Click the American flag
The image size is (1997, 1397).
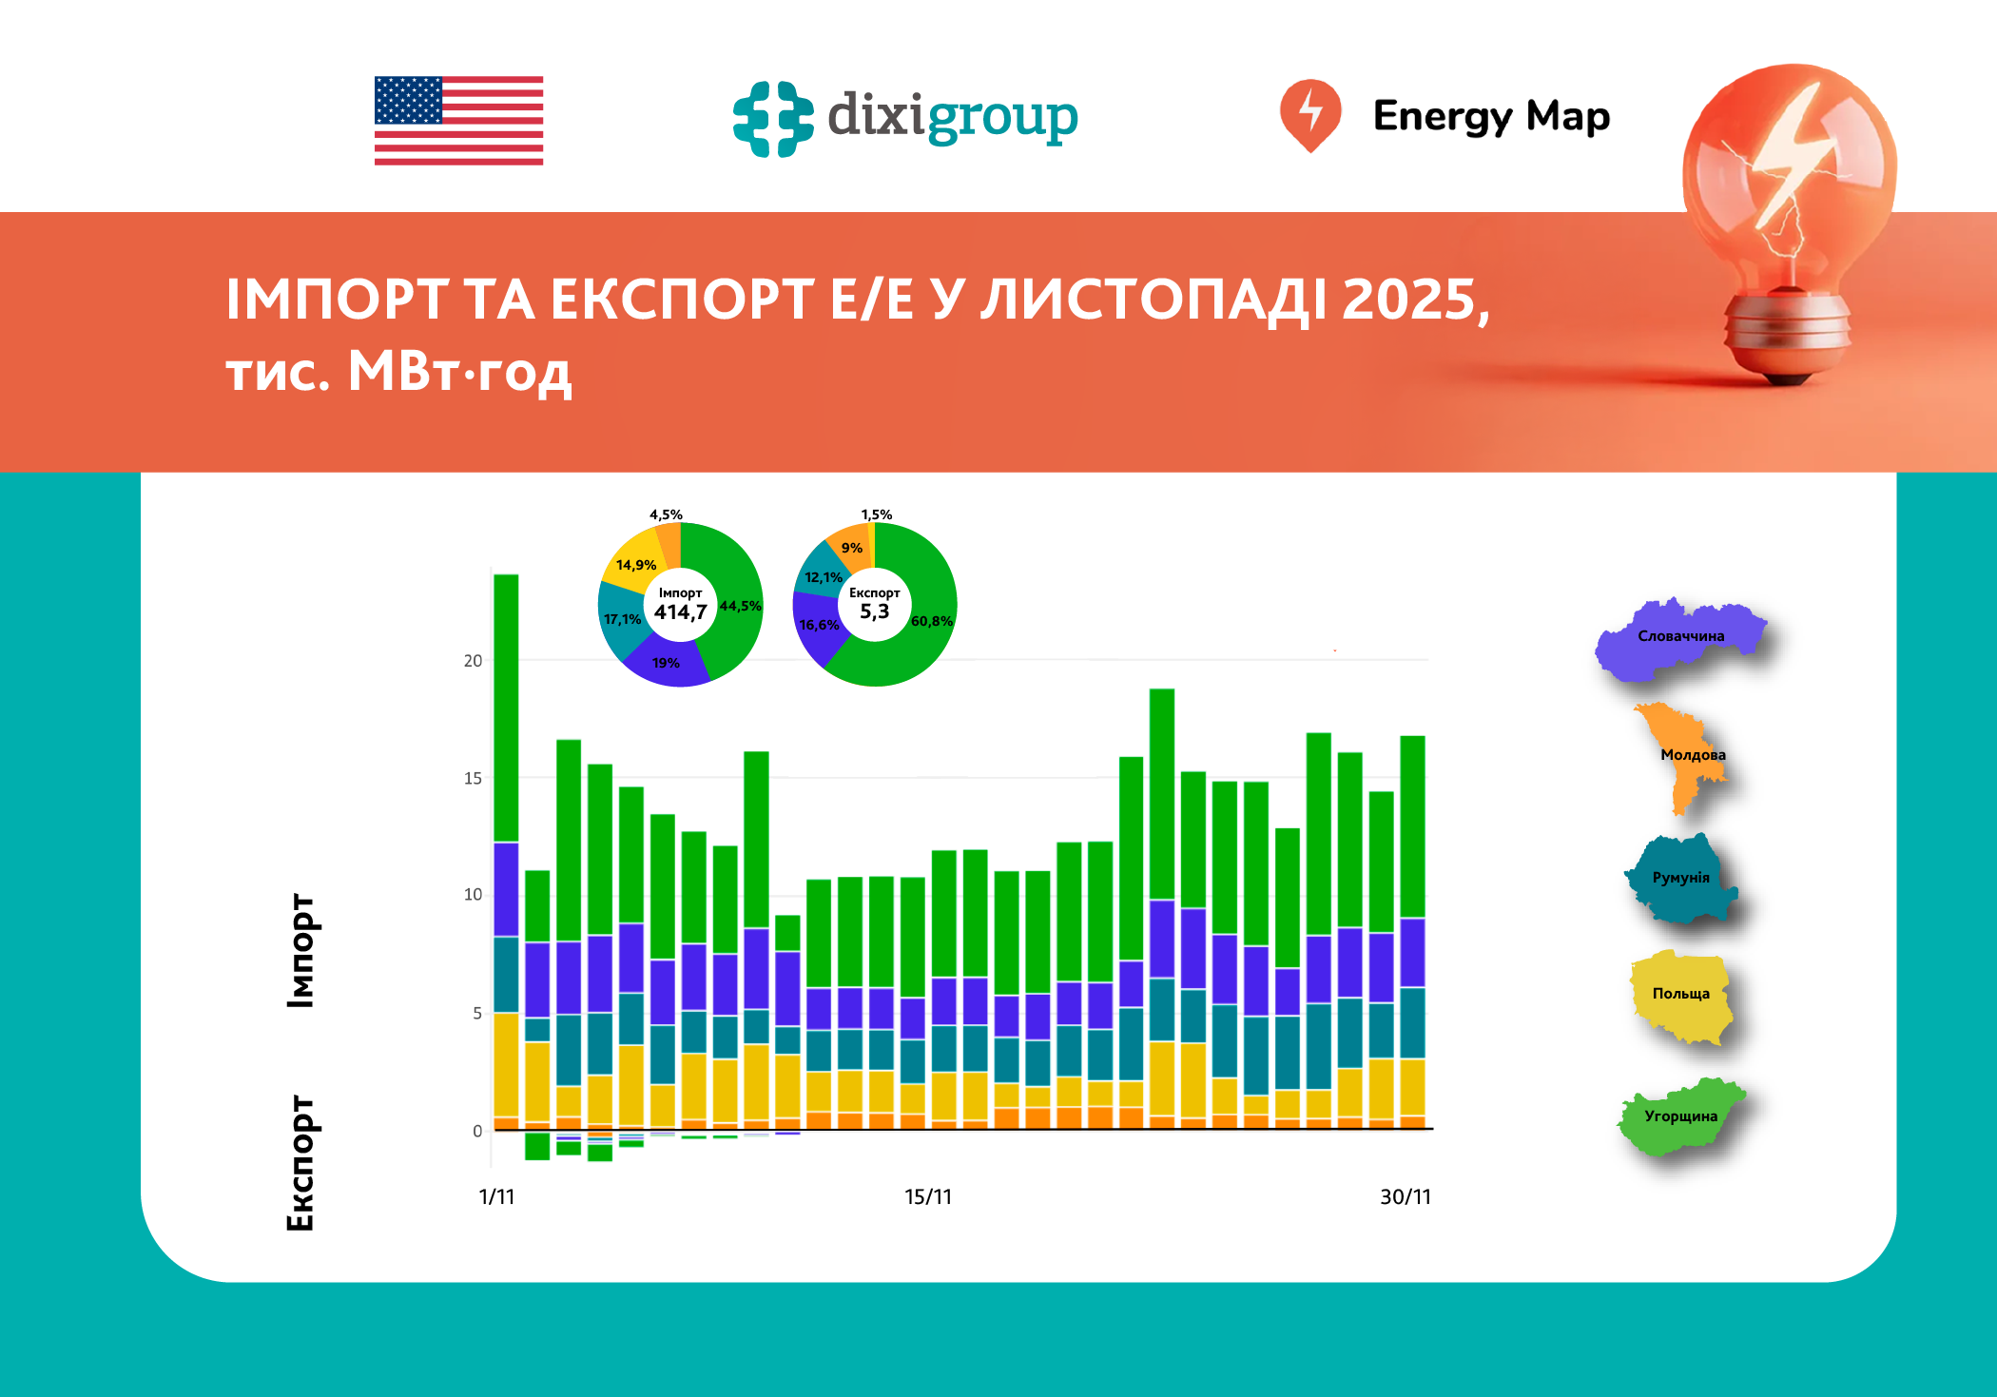click(x=458, y=121)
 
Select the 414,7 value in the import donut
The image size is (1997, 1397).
click(x=680, y=612)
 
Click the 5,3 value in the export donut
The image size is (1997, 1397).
click(x=874, y=611)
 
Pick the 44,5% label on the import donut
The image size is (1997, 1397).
click(x=740, y=606)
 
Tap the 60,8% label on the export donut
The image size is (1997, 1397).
click(x=931, y=621)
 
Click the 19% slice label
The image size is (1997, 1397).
click(x=666, y=663)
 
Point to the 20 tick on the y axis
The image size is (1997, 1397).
click(x=473, y=661)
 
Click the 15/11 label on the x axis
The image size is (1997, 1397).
click(x=927, y=1196)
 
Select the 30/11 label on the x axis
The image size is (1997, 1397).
click(x=1405, y=1196)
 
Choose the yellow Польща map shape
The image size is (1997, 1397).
click(x=1680, y=997)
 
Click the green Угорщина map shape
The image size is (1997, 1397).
click(x=1680, y=1118)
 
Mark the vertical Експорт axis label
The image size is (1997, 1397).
click(x=301, y=1162)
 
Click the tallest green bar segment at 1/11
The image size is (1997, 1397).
click(x=506, y=708)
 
